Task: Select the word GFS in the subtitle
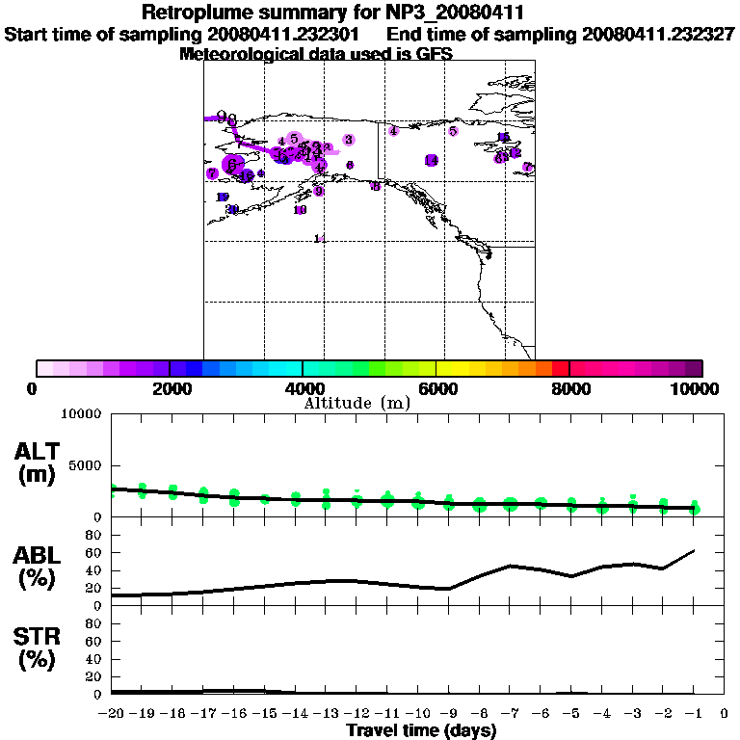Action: [x=434, y=54]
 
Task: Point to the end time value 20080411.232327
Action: [x=659, y=34]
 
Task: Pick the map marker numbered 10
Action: [x=301, y=210]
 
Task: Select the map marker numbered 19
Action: [x=223, y=198]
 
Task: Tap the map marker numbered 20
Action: [x=232, y=209]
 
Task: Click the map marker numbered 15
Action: [x=503, y=138]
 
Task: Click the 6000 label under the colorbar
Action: [x=436, y=388]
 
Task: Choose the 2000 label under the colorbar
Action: [x=170, y=388]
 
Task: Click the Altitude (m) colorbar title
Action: [x=357, y=403]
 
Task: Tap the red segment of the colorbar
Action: [x=560, y=368]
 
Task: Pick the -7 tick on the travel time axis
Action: [x=511, y=714]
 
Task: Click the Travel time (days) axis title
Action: [x=421, y=730]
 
